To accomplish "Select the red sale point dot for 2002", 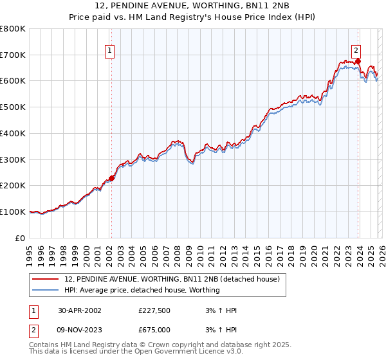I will tap(111, 178).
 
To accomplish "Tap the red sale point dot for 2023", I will tap(358, 62).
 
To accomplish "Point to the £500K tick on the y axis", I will tap(13, 107).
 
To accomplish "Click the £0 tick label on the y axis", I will tap(21, 238).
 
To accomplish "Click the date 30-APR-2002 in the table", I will tap(79, 310).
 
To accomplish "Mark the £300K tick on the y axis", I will tap(13, 159).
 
